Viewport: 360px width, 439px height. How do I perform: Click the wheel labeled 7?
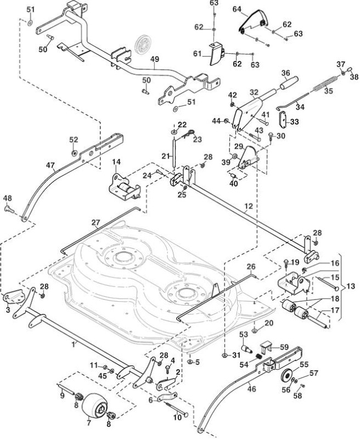94,406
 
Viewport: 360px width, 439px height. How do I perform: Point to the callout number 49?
155,59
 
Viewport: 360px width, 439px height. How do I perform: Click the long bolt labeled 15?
328,283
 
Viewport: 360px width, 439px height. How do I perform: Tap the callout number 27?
95,223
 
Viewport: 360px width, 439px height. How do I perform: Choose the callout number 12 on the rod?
248,206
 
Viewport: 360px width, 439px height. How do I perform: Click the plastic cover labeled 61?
217,53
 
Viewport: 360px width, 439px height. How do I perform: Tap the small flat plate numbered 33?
283,119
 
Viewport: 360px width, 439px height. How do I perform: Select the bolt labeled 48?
9,209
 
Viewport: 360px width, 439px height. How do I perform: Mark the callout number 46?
252,389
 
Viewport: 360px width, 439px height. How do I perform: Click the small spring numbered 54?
260,357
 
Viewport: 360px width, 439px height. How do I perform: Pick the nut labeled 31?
224,355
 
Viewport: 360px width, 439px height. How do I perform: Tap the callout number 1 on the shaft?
74,345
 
